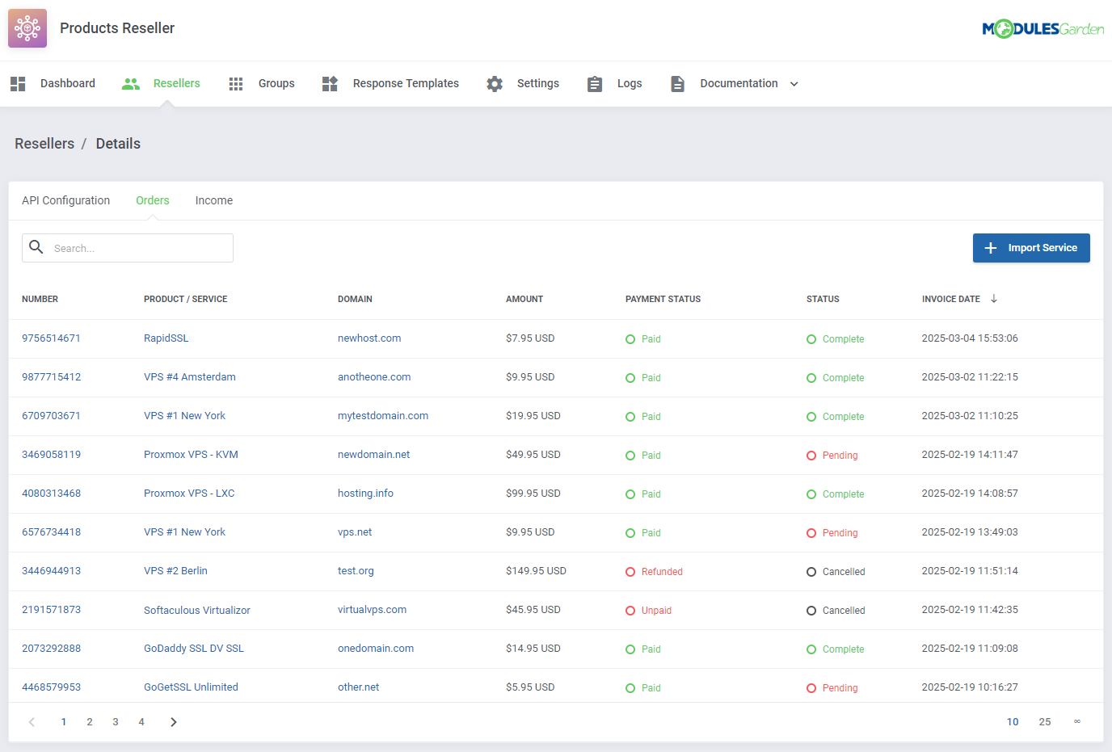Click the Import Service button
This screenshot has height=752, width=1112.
(1030, 248)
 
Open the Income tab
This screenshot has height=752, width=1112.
(213, 200)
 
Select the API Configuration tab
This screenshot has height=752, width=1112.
(65, 200)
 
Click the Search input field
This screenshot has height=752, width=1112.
(137, 248)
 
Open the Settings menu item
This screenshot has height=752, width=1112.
(537, 83)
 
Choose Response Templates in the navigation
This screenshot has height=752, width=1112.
(405, 83)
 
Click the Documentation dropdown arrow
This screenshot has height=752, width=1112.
(794, 84)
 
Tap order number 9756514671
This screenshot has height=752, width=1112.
(51, 338)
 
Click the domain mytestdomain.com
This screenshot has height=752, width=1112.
(383, 416)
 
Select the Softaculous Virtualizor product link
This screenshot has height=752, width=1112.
(197, 610)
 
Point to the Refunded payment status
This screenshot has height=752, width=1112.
(661, 572)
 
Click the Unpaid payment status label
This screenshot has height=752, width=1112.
(656, 611)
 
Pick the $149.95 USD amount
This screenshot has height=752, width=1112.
(536, 571)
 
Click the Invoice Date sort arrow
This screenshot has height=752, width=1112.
(994, 299)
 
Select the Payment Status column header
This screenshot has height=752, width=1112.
(663, 299)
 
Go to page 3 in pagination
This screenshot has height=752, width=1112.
(116, 722)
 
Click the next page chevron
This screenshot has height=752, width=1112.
(173, 722)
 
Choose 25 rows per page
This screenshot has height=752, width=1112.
(1045, 722)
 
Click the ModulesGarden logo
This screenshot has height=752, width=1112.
(1042, 29)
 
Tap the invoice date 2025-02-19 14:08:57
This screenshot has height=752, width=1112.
(970, 494)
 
